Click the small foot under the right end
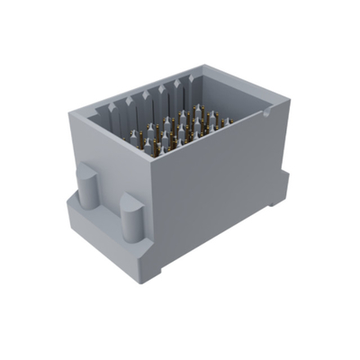(273, 210)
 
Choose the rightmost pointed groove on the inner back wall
(190, 86)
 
